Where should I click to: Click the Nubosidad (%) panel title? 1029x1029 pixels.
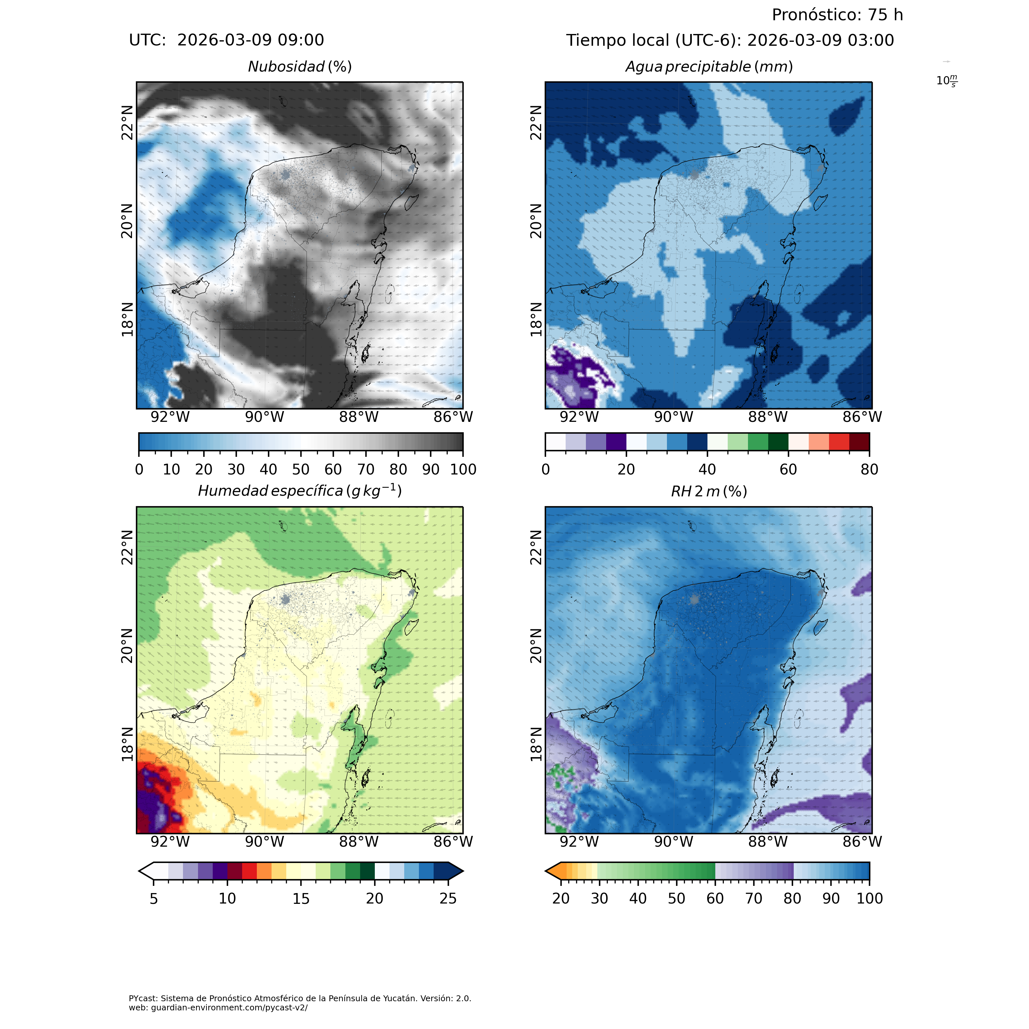coord(300,67)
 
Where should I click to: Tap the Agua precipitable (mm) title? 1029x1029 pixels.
coord(709,67)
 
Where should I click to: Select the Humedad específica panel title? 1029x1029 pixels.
coord(300,490)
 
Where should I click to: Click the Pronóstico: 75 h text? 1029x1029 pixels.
coord(837,15)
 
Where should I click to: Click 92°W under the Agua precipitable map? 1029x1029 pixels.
coord(579,417)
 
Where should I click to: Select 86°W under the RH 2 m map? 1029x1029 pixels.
coord(862,841)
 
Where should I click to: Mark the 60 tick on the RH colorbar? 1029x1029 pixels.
coord(715,899)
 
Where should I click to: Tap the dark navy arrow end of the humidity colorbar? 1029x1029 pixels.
coord(456,871)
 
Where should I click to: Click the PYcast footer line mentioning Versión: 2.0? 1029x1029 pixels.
coord(300,998)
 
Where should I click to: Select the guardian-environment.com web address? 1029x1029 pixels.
coord(218,1008)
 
